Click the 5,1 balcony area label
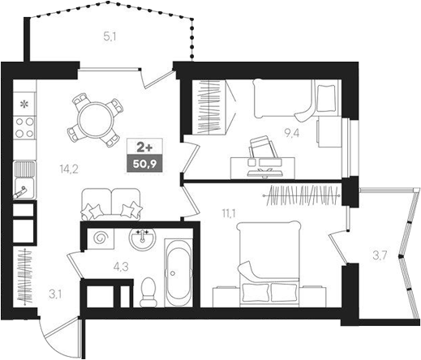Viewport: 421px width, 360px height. (x=110, y=35)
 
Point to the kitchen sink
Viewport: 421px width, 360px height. (x=24, y=180)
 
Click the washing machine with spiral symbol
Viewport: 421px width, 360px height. (x=103, y=238)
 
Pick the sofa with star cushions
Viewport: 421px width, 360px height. (x=110, y=204)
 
